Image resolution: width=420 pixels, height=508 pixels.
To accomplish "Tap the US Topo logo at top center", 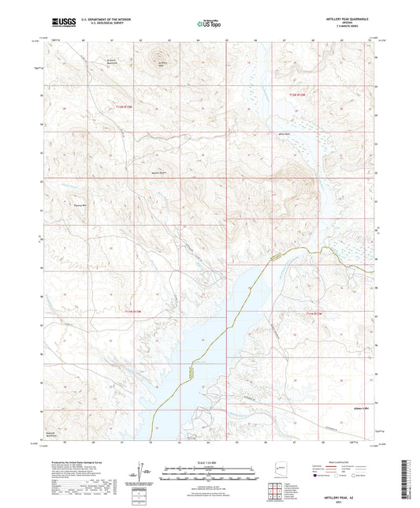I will coord(209,24).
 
